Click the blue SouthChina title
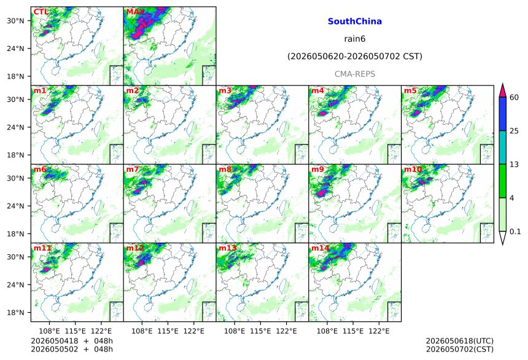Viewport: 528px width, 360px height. point(355,22)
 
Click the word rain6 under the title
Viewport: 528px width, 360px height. point(355,39)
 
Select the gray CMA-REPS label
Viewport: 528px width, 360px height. point(355,74)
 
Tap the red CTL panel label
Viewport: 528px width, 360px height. point(41,12)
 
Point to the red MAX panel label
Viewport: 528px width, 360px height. point(135,12)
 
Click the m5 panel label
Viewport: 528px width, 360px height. point(410,91)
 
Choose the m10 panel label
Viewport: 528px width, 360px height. point(413,169)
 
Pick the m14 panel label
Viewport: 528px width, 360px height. point(320,248)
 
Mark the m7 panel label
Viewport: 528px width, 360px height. point(133,169)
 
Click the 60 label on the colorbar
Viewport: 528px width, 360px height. point(514,98)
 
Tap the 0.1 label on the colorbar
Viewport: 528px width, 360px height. point(515,232)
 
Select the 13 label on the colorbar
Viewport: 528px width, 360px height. point(514,165)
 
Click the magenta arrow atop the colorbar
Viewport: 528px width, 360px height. point(503,90)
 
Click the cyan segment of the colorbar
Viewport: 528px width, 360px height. point(503,147)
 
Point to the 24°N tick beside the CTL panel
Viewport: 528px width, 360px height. point(15,49)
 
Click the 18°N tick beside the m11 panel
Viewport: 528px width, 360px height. point(15,313)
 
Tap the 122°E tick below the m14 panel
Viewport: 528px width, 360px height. point(379,331)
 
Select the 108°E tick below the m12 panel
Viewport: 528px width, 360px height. point(142,331)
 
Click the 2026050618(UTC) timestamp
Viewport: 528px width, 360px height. point(460,341)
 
